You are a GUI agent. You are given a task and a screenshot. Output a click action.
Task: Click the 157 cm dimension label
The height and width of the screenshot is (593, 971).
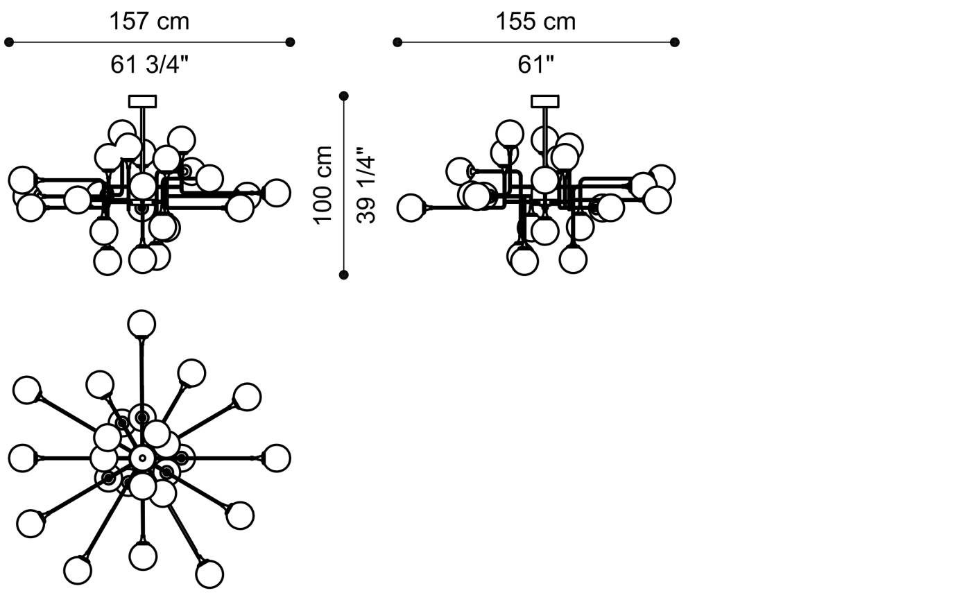point(149,22)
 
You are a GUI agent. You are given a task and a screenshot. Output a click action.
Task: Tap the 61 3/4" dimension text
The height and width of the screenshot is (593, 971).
point(150,65)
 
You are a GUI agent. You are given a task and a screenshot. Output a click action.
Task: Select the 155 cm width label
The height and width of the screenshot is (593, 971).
point(535,22)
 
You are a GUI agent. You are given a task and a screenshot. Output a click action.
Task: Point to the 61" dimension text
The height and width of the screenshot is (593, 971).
point(535,65)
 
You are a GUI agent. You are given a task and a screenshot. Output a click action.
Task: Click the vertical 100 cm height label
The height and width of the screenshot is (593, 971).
point(323,185)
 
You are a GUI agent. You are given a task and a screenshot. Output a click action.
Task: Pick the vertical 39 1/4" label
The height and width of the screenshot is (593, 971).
point(366,186)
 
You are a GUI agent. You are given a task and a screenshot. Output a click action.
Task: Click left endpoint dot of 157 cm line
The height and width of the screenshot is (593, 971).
point(8,42)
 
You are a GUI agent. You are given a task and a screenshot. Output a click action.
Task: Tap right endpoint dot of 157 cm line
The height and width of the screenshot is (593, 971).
point(291,42)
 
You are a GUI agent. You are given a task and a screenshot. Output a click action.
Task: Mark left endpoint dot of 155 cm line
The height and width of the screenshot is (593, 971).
point(397,42)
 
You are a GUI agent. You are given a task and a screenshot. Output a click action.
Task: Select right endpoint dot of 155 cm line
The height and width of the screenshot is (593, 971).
point(674,42)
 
